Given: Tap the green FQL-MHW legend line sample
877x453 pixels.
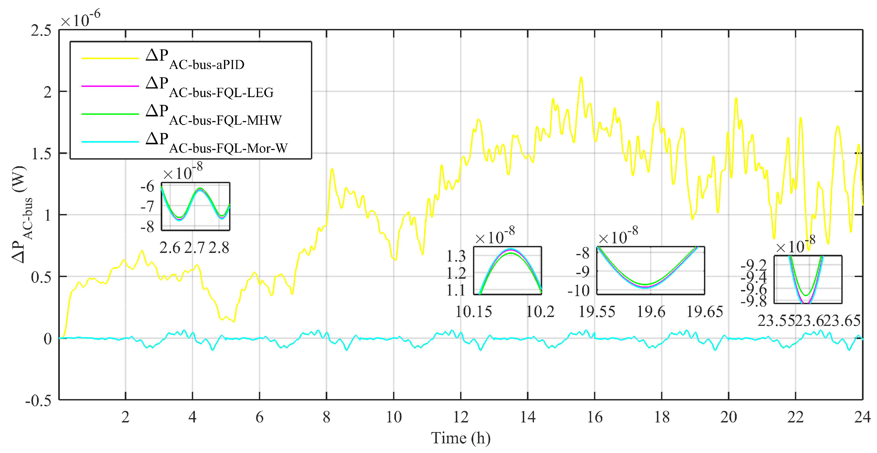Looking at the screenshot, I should (110, 114).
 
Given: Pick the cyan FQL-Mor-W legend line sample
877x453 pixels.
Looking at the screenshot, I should (110, 142).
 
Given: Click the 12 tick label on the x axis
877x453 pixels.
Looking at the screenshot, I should (461, 417).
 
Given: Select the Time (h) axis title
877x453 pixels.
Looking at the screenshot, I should (461, 438).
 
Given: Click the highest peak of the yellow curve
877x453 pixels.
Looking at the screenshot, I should (581, 77).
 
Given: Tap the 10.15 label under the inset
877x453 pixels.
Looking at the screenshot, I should (474, 311).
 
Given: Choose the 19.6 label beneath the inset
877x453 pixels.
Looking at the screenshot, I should (651, 311).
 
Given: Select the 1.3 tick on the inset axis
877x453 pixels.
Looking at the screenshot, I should (456, 256).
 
